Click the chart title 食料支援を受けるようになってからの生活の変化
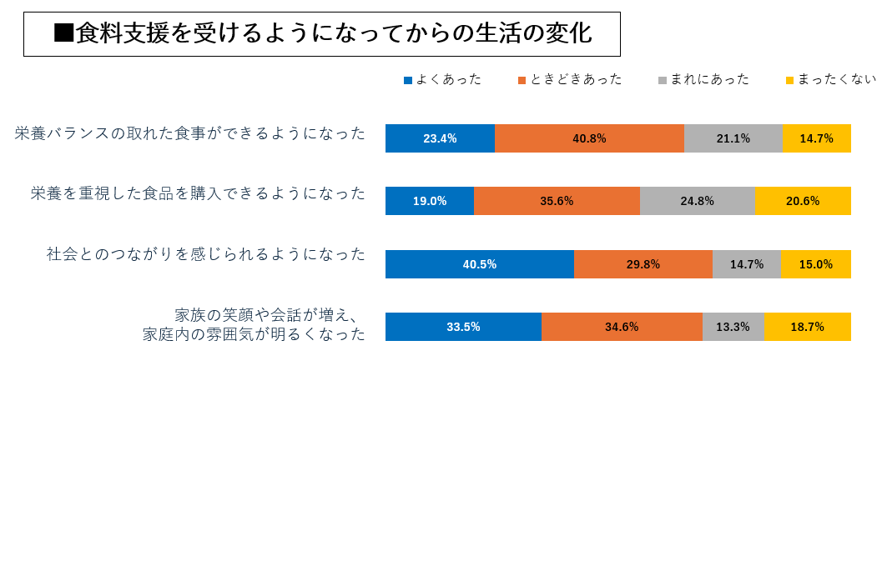pos(322,34)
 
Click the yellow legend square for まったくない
pos(789,80)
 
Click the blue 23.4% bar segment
pos(440,138)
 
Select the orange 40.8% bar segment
pos(589,138)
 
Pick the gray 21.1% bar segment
pos(733,138)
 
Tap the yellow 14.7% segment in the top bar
pos(816,138)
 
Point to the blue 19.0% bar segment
pos(430,201)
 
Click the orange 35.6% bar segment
pos(557,201)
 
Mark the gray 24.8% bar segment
pos(697,201)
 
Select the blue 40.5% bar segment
pos(480,264)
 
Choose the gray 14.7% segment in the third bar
pos(746,264)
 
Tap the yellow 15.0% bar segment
pos(815,264)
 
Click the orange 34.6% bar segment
pos(622,327)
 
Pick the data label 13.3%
pos(733,327)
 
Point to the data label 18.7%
pos(807,327)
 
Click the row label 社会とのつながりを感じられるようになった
pos(206,254)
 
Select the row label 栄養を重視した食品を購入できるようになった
pos(199,193)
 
